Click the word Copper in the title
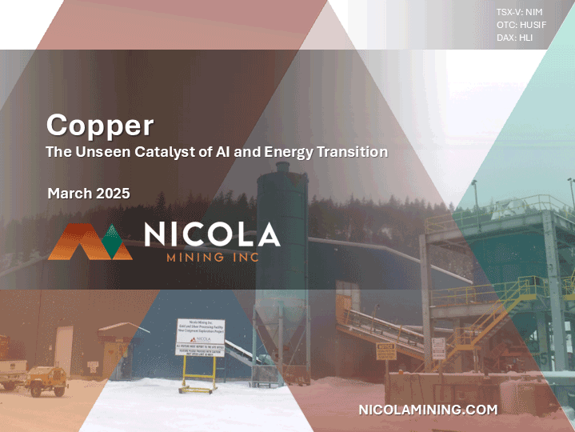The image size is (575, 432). coord(100,125)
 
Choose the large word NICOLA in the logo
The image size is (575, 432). coord(212,234)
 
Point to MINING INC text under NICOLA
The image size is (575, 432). coord(212,258)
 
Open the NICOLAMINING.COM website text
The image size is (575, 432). coord(428,410)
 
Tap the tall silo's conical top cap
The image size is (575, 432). coord(281,170)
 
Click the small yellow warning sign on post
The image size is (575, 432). coord(386,351)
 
